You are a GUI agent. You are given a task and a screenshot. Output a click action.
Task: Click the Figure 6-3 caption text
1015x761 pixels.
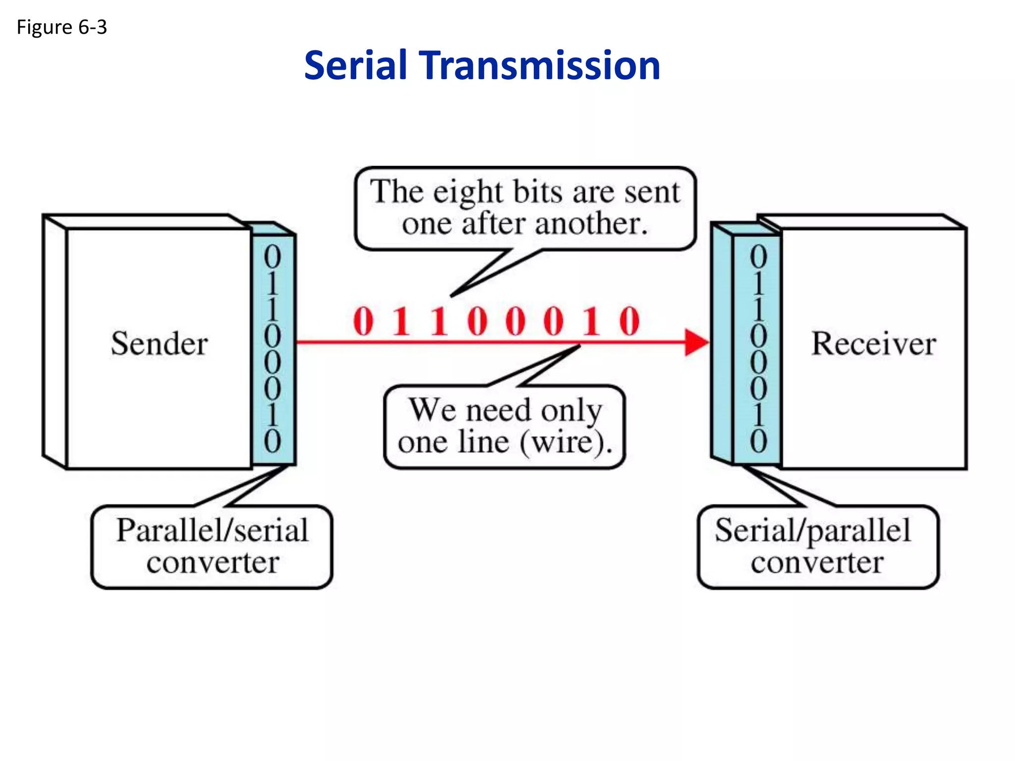click(x=61, y=27)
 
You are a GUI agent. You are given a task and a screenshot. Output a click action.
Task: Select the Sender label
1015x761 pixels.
click(x=159, y=343)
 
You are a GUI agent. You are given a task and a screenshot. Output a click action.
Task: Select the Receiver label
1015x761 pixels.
click(x=873, y=343)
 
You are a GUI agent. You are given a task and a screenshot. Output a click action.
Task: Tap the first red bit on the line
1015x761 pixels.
click(x=363, y=322)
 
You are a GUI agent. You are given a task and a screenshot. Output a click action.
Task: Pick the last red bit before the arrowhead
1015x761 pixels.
click(x=629, y=322)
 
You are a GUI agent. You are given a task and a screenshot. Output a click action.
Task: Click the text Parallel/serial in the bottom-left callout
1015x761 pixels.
click(x=212, y=531)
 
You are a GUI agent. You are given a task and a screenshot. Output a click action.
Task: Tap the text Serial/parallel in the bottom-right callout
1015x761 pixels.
click(x=813, y=531)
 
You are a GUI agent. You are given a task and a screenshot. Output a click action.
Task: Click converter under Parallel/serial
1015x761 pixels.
click(x=213, y=563)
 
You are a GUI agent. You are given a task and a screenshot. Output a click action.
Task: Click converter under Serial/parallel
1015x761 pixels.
click(x=817, y=563)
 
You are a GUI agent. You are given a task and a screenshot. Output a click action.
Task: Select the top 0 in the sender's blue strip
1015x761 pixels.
click(x=272, y=257)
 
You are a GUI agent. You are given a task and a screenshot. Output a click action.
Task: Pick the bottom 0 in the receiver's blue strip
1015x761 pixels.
click(x=758, y=441)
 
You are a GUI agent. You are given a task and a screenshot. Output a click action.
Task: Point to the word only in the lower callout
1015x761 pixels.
click(x=571, y=410)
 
